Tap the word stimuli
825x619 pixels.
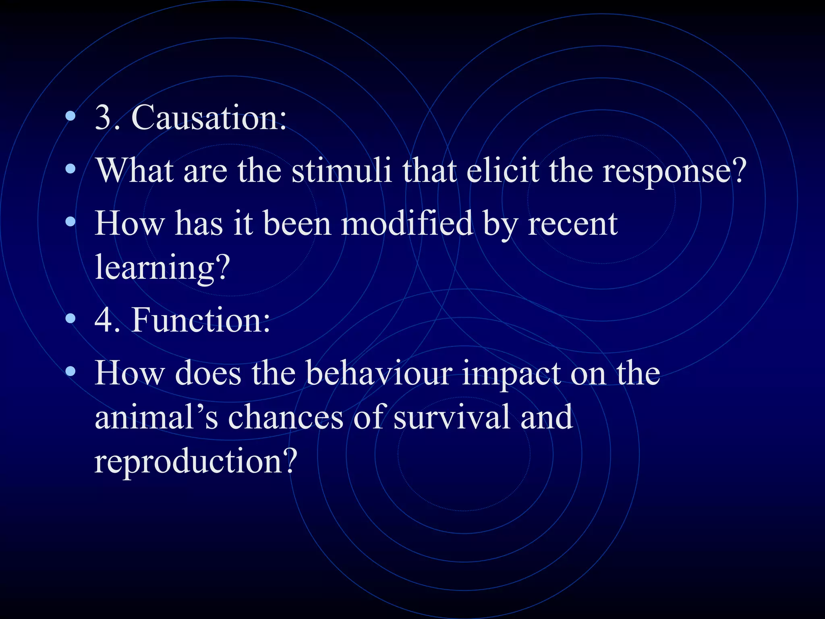pyautogui.click(x=341, y=170)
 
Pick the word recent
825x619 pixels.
pyautogui.click(x=572, y=224)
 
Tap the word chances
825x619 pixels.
pyautogui.click(x=286, y=418)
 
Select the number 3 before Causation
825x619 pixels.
pyautogui.click(x=103, y=118)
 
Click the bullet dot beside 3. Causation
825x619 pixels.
pyautogui.click(x=70, y=117)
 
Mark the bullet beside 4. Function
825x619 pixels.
pyautogui.click(x=70, y=319)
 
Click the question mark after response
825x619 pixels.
pyautogui.click(x=738, y=170)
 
